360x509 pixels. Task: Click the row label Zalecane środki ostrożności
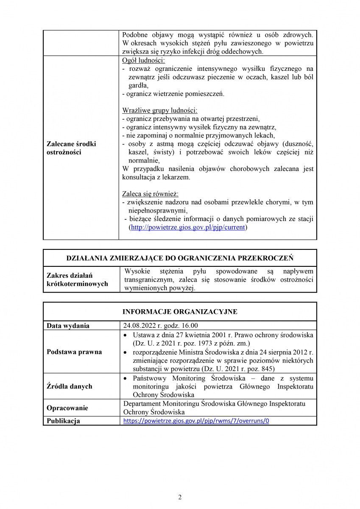pos(71,148)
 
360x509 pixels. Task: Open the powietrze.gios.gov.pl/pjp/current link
pos(188,227)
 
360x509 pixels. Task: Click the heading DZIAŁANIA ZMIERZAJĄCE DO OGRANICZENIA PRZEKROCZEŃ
pos(180,258)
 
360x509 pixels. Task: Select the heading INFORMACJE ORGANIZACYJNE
pos(180,312)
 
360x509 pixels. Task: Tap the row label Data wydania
pos(68,326)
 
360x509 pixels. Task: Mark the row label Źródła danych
pos(70,386)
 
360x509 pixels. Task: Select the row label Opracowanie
pos(67,408)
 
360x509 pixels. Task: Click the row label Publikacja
pos(63,421)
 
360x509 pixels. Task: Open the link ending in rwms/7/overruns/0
pos(196,421)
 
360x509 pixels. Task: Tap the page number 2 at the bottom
pos(180,497)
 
